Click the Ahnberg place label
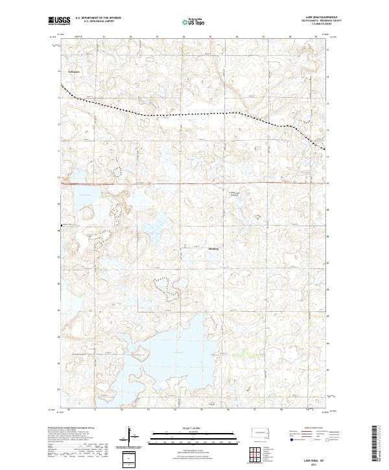click(x=214, y=249)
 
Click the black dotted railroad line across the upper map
click(x=194, y=114)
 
